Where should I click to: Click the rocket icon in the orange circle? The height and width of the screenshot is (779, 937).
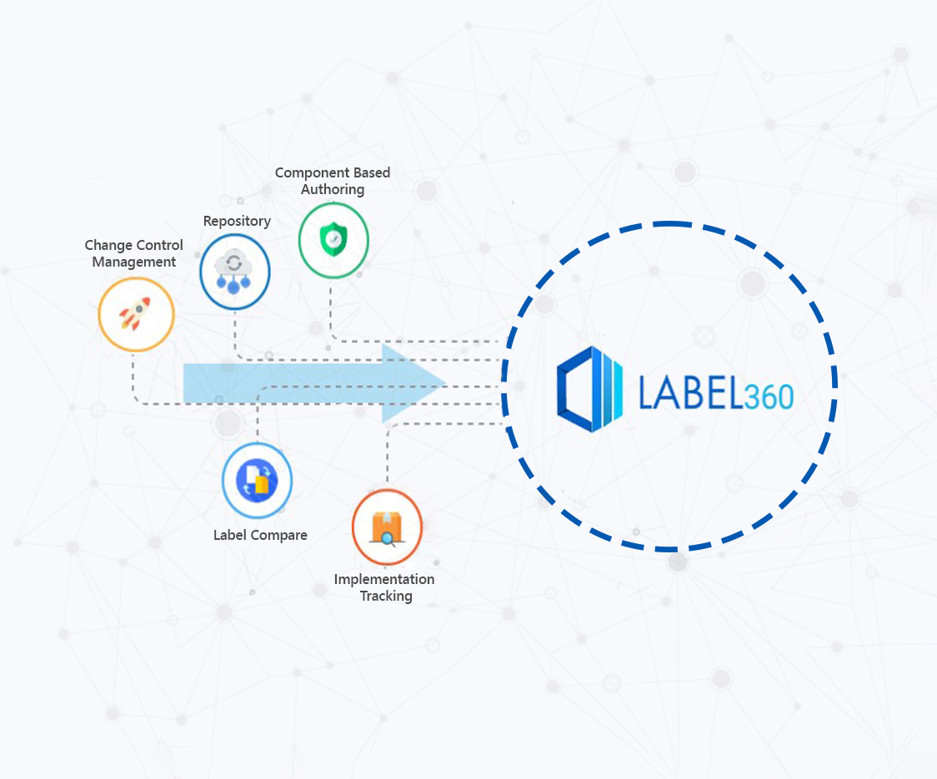(x=136, y=313)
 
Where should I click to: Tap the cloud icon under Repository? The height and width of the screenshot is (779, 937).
(x=233, y=272)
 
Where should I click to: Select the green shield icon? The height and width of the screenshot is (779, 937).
(x=333, y=239)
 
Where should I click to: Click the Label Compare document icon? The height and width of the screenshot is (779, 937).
(x=257, y=480)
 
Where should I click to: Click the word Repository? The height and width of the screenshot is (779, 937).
(x=237, y=221)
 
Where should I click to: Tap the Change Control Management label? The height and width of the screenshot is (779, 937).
(x=134, y=253)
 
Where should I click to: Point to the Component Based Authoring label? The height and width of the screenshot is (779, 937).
(x=333, y=181)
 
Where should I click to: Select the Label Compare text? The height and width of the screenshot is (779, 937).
(x=260, y=535)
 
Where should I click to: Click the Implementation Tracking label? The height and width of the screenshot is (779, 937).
(x=384, y=587)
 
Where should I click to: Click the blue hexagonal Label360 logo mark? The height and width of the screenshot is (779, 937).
(x=589, y=389)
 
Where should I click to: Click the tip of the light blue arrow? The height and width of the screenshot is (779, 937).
(x=446, y=383)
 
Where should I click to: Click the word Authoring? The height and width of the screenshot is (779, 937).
(x=333, y=189)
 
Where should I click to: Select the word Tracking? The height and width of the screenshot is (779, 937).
(x=386, y=596)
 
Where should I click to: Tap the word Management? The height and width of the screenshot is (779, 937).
(x=134, y=262)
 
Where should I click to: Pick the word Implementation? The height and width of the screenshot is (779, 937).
(x=384, y=579)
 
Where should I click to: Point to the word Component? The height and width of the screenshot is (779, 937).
(x=311, y=172)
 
